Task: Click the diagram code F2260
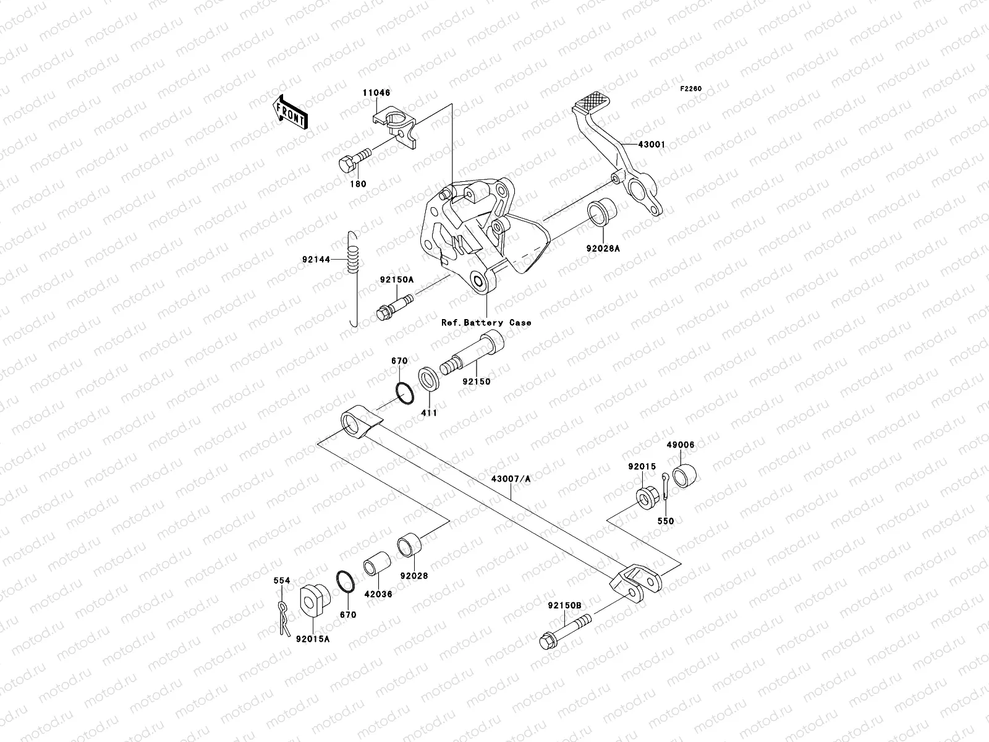tap(691, 89)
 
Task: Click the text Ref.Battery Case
tap(486, 322)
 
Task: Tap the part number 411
tap(429, 412)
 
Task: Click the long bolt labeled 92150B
tap(565, 629)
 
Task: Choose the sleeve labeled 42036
tap(377, 569)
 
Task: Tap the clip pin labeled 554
tap(283, 616)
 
